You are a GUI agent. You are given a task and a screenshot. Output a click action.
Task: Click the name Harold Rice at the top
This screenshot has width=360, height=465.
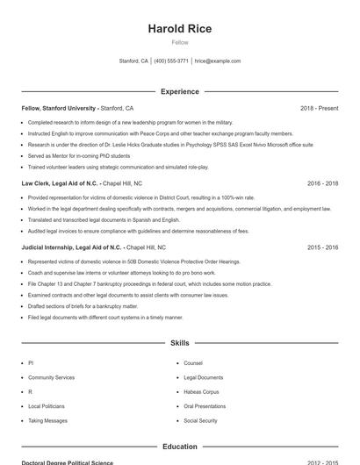click(179, 29)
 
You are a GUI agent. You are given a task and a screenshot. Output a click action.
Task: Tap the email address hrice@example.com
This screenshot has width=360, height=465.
click(217, 61)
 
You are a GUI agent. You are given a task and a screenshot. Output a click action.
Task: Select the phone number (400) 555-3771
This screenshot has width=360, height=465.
click(171, 61)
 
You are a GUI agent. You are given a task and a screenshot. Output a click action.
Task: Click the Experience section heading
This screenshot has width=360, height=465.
click(179, 91)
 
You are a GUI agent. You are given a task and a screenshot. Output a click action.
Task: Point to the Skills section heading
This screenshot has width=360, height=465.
click(179, 342)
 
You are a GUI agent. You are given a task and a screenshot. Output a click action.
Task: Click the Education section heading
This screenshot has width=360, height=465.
click(179, 447)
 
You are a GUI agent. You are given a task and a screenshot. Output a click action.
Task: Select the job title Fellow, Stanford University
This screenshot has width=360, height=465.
click(59, 108)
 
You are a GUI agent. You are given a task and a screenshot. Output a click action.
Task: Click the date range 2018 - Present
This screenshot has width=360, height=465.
click(319, 108)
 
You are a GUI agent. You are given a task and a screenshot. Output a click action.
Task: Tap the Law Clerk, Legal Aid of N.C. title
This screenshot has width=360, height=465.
click(60, 183)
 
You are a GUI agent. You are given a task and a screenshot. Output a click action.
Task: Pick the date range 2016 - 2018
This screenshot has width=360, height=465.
click(322, 183)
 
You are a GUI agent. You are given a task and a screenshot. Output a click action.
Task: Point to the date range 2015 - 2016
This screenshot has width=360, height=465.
click(322, 247)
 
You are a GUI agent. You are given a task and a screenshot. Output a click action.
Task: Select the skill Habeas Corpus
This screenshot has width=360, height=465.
click(201, 391)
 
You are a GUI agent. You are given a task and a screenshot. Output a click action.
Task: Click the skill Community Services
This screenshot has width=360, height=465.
click(51, 376)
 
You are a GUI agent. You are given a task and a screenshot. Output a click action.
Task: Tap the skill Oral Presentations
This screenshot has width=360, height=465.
click(205, 406)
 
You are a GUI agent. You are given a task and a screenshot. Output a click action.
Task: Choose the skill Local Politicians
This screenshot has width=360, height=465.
click(47, 406)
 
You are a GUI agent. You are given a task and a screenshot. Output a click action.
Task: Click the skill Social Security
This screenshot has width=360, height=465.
click(200, 421)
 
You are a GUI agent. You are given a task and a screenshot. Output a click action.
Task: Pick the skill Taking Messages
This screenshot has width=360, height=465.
click(47, 421)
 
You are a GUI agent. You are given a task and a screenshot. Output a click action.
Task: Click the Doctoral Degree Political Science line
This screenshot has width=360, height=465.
click(68, 462)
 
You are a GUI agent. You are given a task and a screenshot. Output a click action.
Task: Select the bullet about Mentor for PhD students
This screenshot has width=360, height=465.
click(79, 155)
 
